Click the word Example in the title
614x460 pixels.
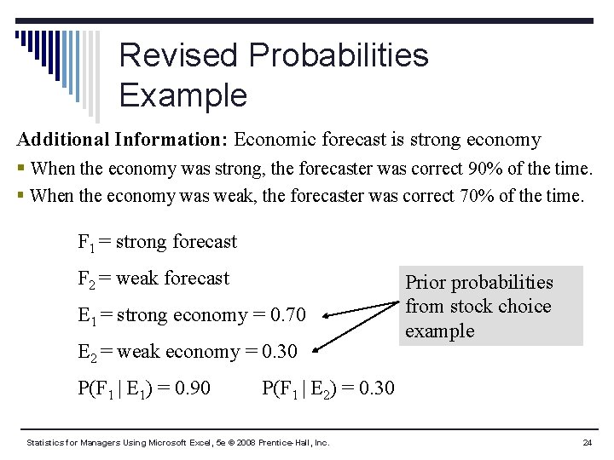click(182, 95)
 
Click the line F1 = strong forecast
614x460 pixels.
click(157, 242)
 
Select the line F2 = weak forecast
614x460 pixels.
click(153, 279)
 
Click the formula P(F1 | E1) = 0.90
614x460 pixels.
click(144, 388)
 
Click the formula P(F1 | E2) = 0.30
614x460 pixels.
click(328, 388)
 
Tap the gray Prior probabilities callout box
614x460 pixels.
click(489, 306)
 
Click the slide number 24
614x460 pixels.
click(587, 443)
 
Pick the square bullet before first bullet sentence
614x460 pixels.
click(20, 170)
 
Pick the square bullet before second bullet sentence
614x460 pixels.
click(20, 197)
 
